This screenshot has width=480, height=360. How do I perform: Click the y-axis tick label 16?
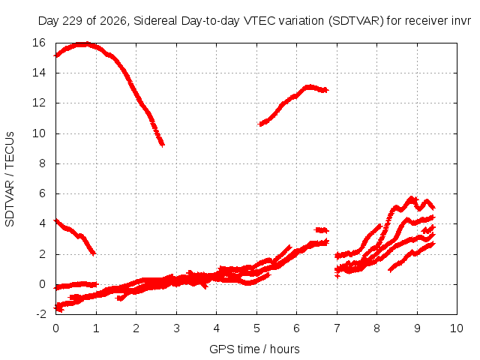pos(39,43)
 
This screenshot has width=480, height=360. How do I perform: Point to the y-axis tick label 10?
pos(39,133)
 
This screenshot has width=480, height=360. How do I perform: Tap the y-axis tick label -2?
pos(40,314)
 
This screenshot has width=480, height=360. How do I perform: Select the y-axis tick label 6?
pos(42,193)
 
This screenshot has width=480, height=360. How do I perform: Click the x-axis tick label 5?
pos(256,328)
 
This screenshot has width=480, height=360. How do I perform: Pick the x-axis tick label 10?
pos(457,328)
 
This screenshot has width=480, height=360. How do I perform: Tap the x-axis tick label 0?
pos(55,328)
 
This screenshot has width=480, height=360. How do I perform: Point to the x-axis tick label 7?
pos(337,328)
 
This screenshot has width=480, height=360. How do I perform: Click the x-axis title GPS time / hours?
pos(254,349)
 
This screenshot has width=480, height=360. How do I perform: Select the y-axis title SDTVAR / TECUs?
pos(10,179)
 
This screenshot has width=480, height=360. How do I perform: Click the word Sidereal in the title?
pos(155,21)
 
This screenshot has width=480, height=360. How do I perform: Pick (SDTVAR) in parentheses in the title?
pos(356,21)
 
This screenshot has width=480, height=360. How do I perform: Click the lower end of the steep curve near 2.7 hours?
pos(163,144)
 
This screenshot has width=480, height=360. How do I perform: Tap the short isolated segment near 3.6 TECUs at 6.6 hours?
pos(321,230)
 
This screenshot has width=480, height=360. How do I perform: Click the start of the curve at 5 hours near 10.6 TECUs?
pos(260,124)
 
